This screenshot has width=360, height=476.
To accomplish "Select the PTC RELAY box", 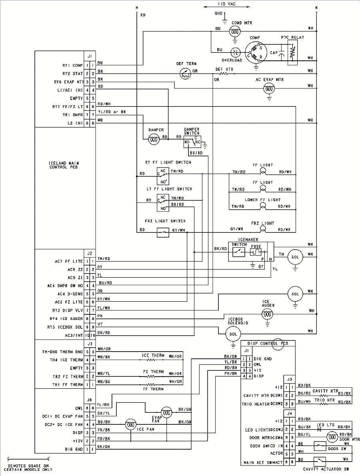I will (292, 52).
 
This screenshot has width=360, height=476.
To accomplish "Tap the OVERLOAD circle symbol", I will (236, 52).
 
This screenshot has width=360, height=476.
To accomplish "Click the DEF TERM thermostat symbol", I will (185, 73).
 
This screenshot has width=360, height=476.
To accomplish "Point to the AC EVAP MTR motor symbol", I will (269, 89).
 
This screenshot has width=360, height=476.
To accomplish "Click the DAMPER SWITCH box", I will (191, 142).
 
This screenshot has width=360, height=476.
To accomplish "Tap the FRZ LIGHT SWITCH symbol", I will (162, 232).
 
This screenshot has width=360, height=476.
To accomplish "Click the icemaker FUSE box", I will (256, 252).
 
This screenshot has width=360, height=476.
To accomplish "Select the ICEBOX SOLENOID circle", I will (233, 334).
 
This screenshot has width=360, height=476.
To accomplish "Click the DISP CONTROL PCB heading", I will (267, 343).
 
